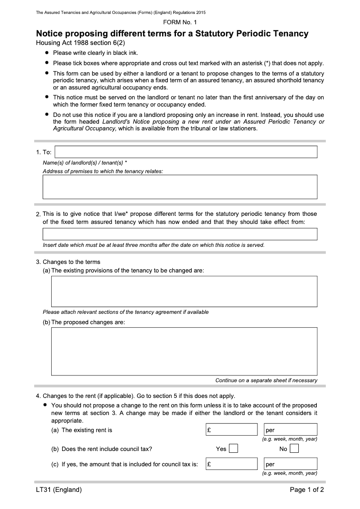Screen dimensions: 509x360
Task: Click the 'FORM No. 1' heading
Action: tap(180, 22)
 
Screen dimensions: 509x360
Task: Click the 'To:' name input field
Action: tap(186, 152)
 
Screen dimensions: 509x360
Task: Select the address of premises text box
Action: tap(180, 187)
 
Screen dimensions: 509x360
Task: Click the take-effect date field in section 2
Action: tap(180, 234)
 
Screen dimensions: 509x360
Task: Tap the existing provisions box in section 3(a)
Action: tap(184, 291)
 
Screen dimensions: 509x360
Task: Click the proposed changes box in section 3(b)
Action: tap(184, 351)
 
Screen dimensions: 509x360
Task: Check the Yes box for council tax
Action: tap(233, 449)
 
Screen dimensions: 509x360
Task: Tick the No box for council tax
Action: tap(294, 449)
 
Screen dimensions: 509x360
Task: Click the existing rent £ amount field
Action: tap(231, 429)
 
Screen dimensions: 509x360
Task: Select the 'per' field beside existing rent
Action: tap(290, 429)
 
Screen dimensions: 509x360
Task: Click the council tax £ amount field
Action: tap(231, 464)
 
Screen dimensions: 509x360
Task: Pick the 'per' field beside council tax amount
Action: tap(290, 464)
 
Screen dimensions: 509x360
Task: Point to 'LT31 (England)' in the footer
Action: tap(59, 490)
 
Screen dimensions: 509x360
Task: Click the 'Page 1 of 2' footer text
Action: tap(307, 490)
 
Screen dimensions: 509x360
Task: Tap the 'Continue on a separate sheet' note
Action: tap(266, 380)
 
